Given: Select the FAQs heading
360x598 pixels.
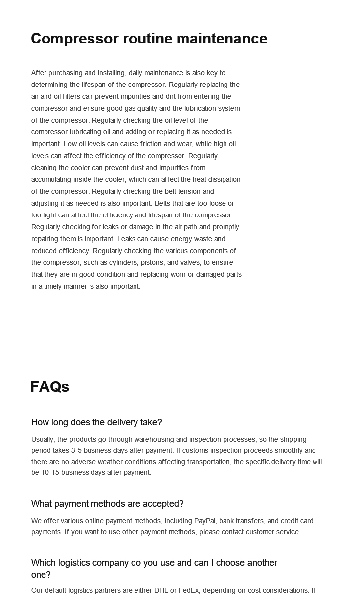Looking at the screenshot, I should pos(49,387).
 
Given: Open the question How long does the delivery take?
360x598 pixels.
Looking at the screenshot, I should pos(96,422).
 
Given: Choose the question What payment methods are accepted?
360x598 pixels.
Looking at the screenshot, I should pos(107,504).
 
